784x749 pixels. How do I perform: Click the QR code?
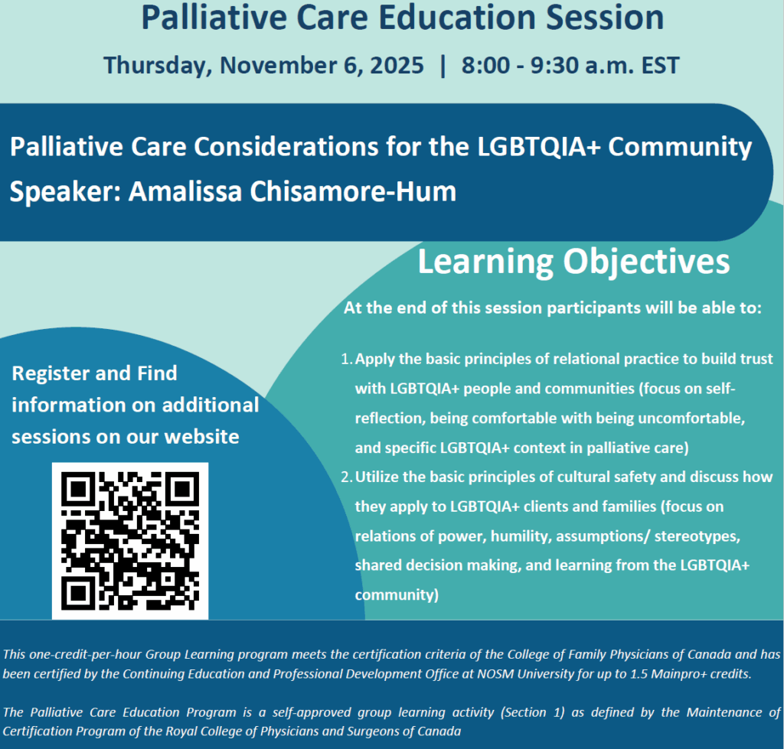click(130, 541)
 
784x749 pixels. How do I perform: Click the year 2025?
click(397, 66)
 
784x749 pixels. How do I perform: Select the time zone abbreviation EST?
click(660, 66)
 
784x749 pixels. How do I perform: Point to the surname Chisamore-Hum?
click(353, 191)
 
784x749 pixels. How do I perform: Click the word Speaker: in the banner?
click(65, 192)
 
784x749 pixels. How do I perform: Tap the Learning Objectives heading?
click(573, 262)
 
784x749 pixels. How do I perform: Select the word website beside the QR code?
click(201, 437)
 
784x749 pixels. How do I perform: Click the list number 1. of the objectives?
click(347, 360)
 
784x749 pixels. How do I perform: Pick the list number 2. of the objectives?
click(347, 477)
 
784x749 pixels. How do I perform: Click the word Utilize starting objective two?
click(377, 477)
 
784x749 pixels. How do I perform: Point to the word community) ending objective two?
click(397, 595)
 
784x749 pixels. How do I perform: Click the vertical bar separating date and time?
click(442, 66)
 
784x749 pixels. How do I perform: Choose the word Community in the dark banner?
click(680, 148)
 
